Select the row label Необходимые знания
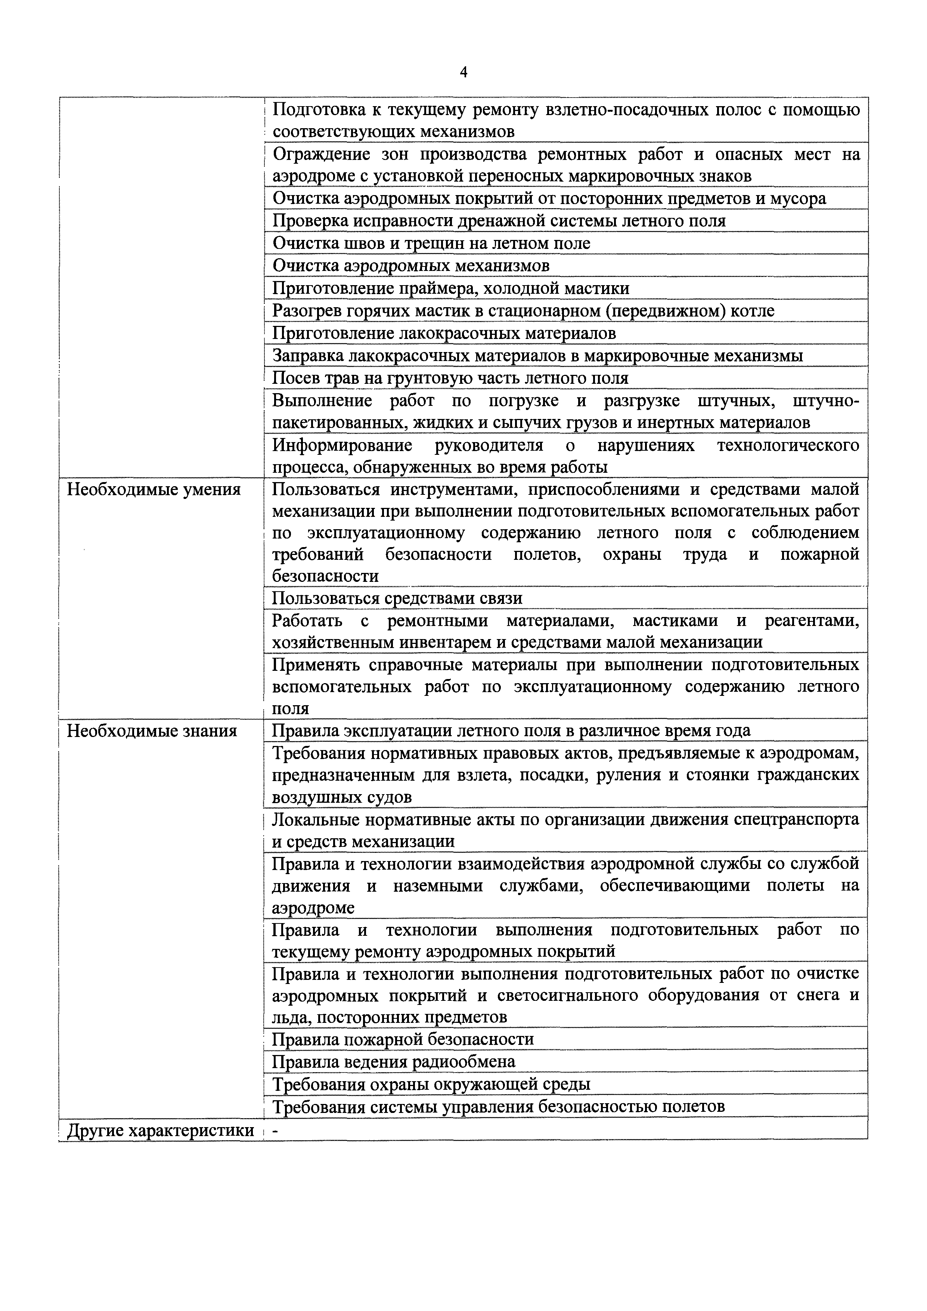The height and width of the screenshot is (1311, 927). point(152,731)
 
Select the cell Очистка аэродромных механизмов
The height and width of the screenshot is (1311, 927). point(411,265)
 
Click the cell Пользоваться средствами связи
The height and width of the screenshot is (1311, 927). point(397,598)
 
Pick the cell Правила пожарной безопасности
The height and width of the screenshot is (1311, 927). point(403,1039)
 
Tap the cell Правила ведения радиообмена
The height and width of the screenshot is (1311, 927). point(394,1061)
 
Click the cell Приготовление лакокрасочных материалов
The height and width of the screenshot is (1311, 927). point(444,333)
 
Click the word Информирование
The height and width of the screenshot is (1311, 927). point(342,445)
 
